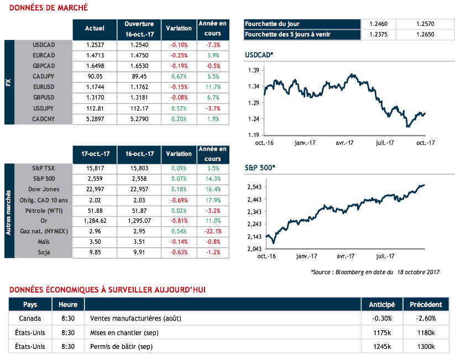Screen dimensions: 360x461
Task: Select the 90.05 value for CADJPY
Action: tap(95, 76)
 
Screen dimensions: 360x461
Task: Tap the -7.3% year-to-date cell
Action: tap(212, 45)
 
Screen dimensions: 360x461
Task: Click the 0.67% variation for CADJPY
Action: tap(179, 76)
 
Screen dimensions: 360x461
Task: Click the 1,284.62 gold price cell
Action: tap(95, 221)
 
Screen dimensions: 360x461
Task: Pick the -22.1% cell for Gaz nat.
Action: tap(212, 231)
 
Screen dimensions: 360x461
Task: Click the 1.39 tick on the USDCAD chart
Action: tap(254, 71)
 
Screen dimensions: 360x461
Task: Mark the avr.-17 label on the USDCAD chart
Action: tap(345, 142)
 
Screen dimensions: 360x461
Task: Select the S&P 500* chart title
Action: tap(259, 166)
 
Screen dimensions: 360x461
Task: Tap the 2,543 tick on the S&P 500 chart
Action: tap(252, 187)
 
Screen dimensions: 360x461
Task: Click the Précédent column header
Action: tap(426, 305)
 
